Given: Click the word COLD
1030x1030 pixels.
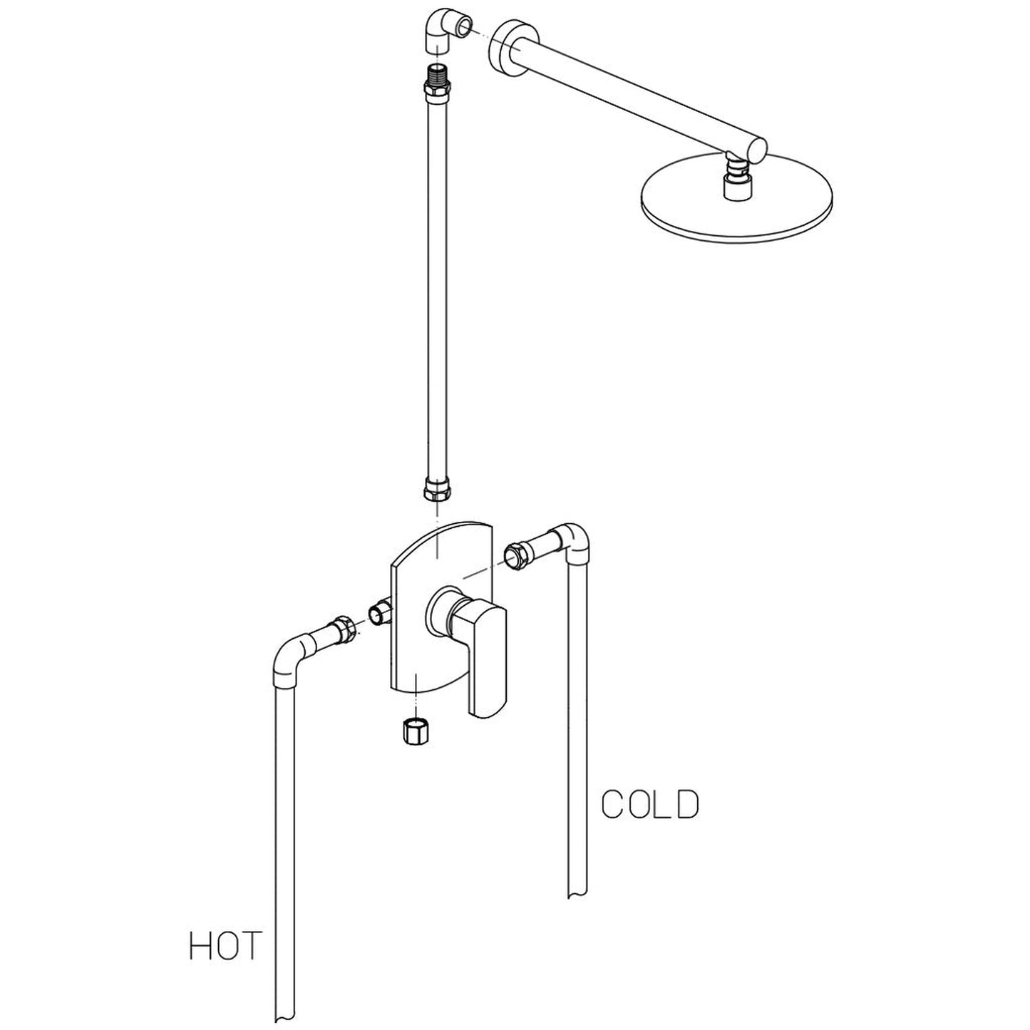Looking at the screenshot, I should [x=650, y=805].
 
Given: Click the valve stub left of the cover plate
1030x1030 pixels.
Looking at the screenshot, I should [x=379, y=611].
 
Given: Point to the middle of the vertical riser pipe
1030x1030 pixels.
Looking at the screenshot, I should [x=436, y=285].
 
